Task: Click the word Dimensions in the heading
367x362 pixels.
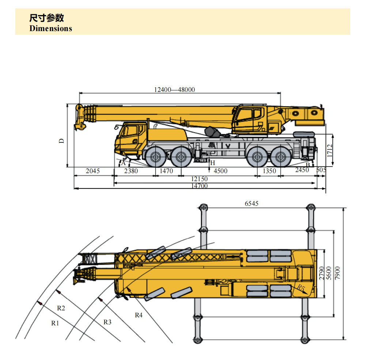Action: tap(51, 29)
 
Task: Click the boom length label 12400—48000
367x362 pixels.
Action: tap(174, 89)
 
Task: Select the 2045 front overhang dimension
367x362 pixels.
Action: tap(92, 171)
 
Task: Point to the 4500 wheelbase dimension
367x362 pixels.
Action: tap(220, 171)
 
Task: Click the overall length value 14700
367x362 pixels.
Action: tap(199, 186)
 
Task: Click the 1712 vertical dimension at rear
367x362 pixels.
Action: tap(330, 150)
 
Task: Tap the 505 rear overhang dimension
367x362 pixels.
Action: tap(321, 170)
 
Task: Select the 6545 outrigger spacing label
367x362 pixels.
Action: tap(251, 204)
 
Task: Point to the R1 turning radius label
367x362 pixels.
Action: tap(55, 323)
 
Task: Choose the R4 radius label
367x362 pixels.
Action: tap(139, 315)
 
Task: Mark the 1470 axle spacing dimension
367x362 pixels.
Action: tap(167, 171)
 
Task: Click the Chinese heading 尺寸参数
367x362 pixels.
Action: tap(46, 18)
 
